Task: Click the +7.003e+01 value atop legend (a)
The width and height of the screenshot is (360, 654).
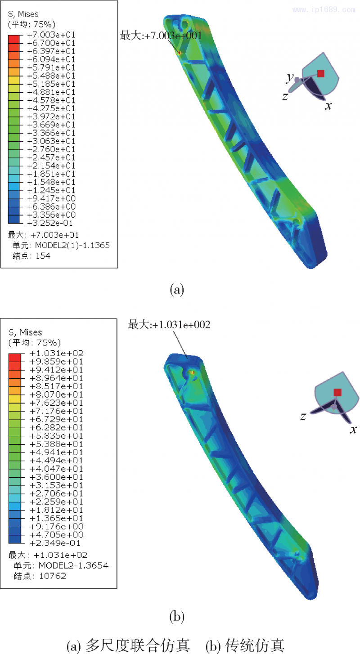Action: point(51,35)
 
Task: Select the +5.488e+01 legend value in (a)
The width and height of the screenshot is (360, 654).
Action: point(51,76)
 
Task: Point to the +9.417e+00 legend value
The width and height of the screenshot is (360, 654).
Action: point(51,198)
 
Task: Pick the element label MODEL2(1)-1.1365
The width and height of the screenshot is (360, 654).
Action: point(72,245)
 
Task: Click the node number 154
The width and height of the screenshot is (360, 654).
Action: point(43,256)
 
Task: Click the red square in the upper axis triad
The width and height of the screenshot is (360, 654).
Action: point(321,73)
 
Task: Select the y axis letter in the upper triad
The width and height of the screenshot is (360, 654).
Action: point(290,77)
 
